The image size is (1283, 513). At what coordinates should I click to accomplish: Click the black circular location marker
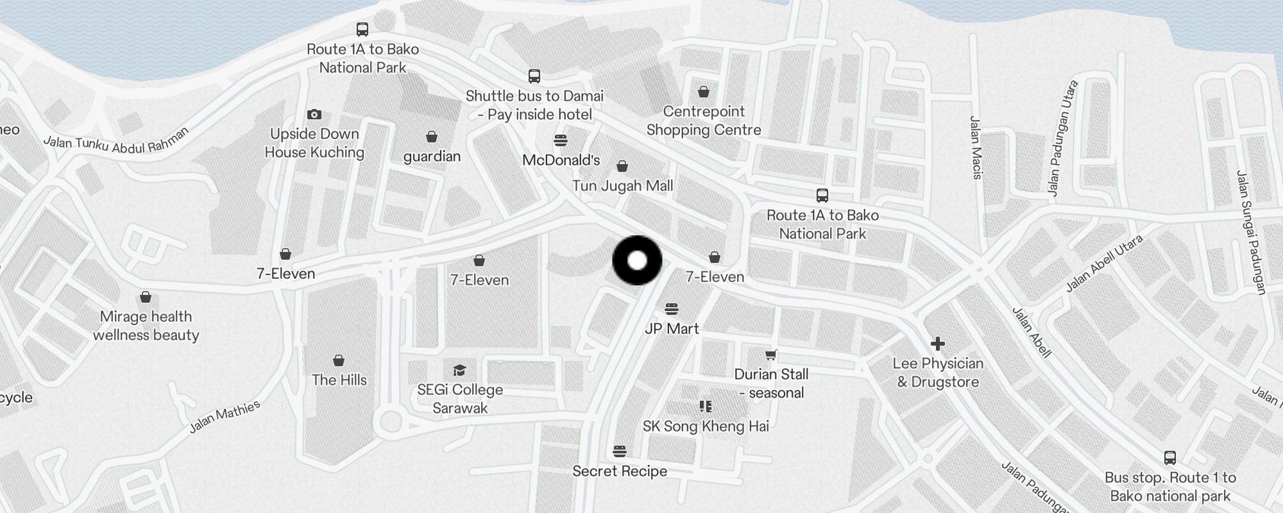coord(637,260)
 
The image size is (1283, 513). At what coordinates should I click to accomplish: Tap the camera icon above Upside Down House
coord(314,115)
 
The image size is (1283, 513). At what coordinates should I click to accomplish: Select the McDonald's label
coord(561,160)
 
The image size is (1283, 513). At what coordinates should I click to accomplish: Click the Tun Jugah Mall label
coord(622,186)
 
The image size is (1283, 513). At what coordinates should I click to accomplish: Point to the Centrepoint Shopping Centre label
coord(704,121)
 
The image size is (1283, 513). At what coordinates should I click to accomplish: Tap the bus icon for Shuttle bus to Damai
coord(534,76)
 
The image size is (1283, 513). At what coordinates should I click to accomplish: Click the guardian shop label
coord(432,156)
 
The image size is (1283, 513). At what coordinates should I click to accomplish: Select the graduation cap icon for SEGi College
coord(459,370)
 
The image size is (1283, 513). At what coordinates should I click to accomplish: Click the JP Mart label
coord(672,329)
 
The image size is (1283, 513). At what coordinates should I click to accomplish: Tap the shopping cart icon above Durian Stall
coord(771,355)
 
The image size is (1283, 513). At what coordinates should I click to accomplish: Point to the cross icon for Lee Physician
coord(937,344)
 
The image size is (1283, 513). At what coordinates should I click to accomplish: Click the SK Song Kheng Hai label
coord(706,426)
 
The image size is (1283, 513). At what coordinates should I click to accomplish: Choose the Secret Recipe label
coord(620,471)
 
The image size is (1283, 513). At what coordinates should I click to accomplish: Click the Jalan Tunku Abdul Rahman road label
coord(116,141)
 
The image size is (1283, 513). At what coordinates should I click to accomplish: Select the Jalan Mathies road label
coord(225,416)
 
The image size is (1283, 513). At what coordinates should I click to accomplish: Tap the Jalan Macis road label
coord(976,147)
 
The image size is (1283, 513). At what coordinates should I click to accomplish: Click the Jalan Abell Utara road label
coord(1104,264)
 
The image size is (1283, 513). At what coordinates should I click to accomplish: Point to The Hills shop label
coord(339,380)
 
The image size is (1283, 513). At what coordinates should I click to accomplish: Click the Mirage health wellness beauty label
coord(146,326)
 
